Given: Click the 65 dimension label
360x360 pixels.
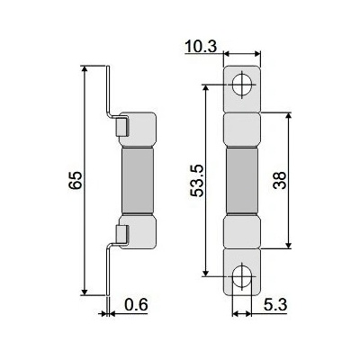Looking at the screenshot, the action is point(75,180).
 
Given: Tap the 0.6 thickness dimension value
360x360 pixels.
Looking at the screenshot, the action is point(136,305).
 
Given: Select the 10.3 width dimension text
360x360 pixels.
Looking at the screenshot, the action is point(201,47).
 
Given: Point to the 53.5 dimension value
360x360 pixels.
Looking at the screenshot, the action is point(197,181).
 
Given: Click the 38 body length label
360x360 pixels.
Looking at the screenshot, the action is point(279,180).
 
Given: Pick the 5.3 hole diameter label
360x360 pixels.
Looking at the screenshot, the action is point(275,305).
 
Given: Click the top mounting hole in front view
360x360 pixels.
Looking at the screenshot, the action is point(241,85).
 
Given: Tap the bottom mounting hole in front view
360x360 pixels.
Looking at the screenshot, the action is point(241,276).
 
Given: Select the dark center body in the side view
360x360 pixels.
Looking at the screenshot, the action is point(138,181).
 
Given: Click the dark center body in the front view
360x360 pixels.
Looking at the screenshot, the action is point(242,181).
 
